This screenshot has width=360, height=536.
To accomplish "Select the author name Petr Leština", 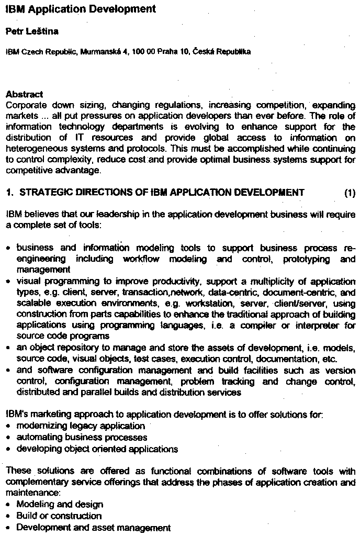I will point(32,31).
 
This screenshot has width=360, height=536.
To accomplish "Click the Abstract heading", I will point(24,95).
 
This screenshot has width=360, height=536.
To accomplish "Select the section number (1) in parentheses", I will point(350,193).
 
